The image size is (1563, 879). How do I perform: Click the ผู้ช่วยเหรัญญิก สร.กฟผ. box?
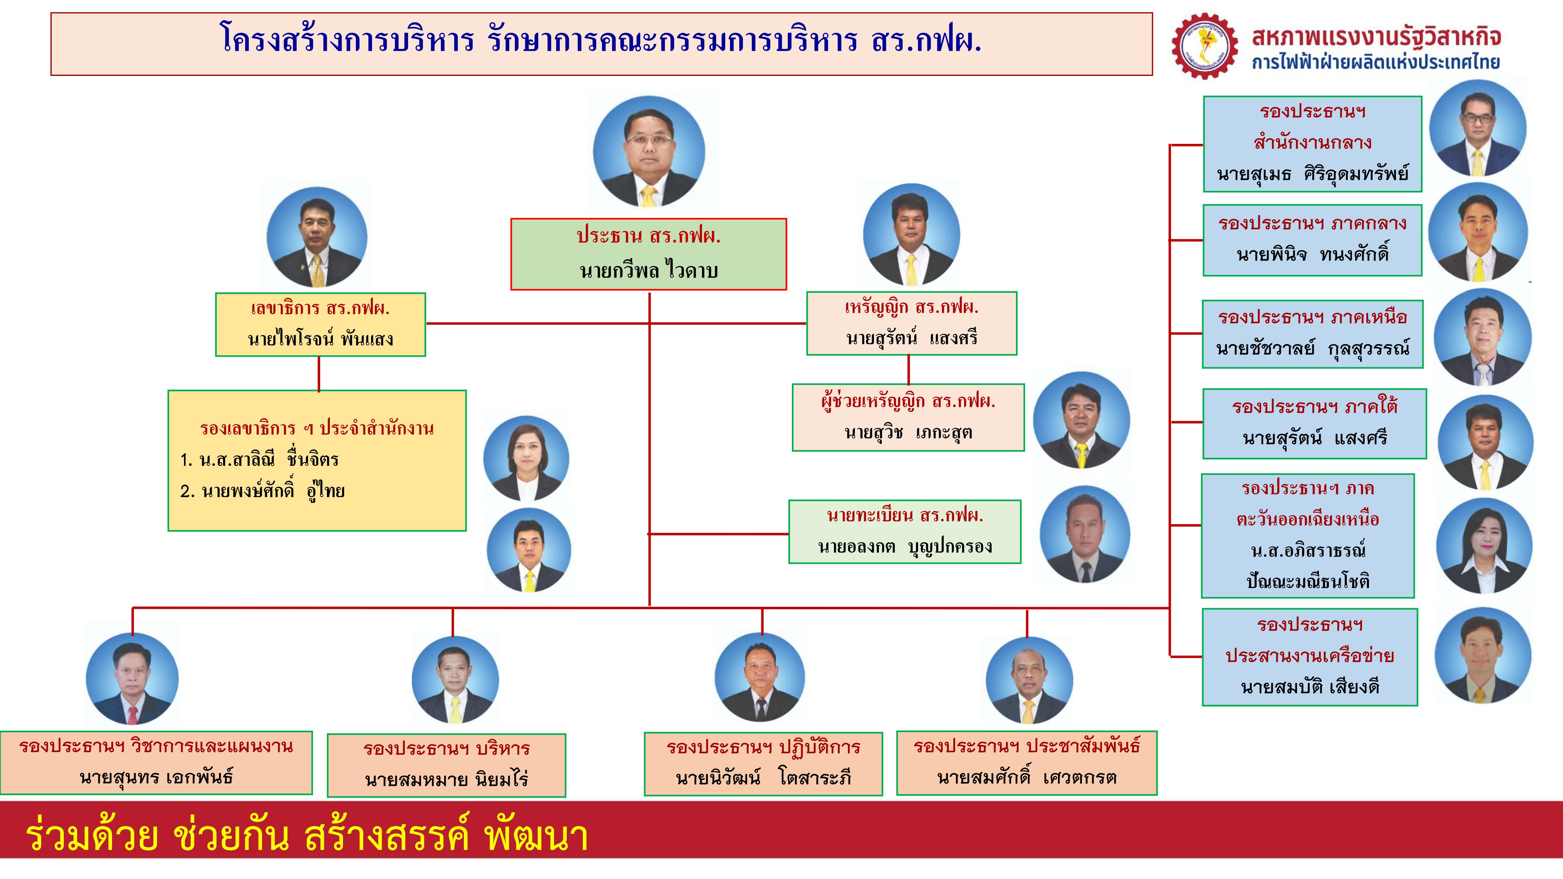tap(908, 417)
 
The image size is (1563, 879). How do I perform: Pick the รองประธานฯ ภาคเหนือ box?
tap(1312, 334)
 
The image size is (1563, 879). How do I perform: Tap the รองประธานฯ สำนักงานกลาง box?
tap(1312, 144)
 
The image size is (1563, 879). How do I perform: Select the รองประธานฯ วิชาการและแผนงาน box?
tap(156, 762)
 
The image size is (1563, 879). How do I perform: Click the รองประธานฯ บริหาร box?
tap(446, 765)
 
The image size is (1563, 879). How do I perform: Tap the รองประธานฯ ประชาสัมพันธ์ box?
tap(1027, 762)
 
